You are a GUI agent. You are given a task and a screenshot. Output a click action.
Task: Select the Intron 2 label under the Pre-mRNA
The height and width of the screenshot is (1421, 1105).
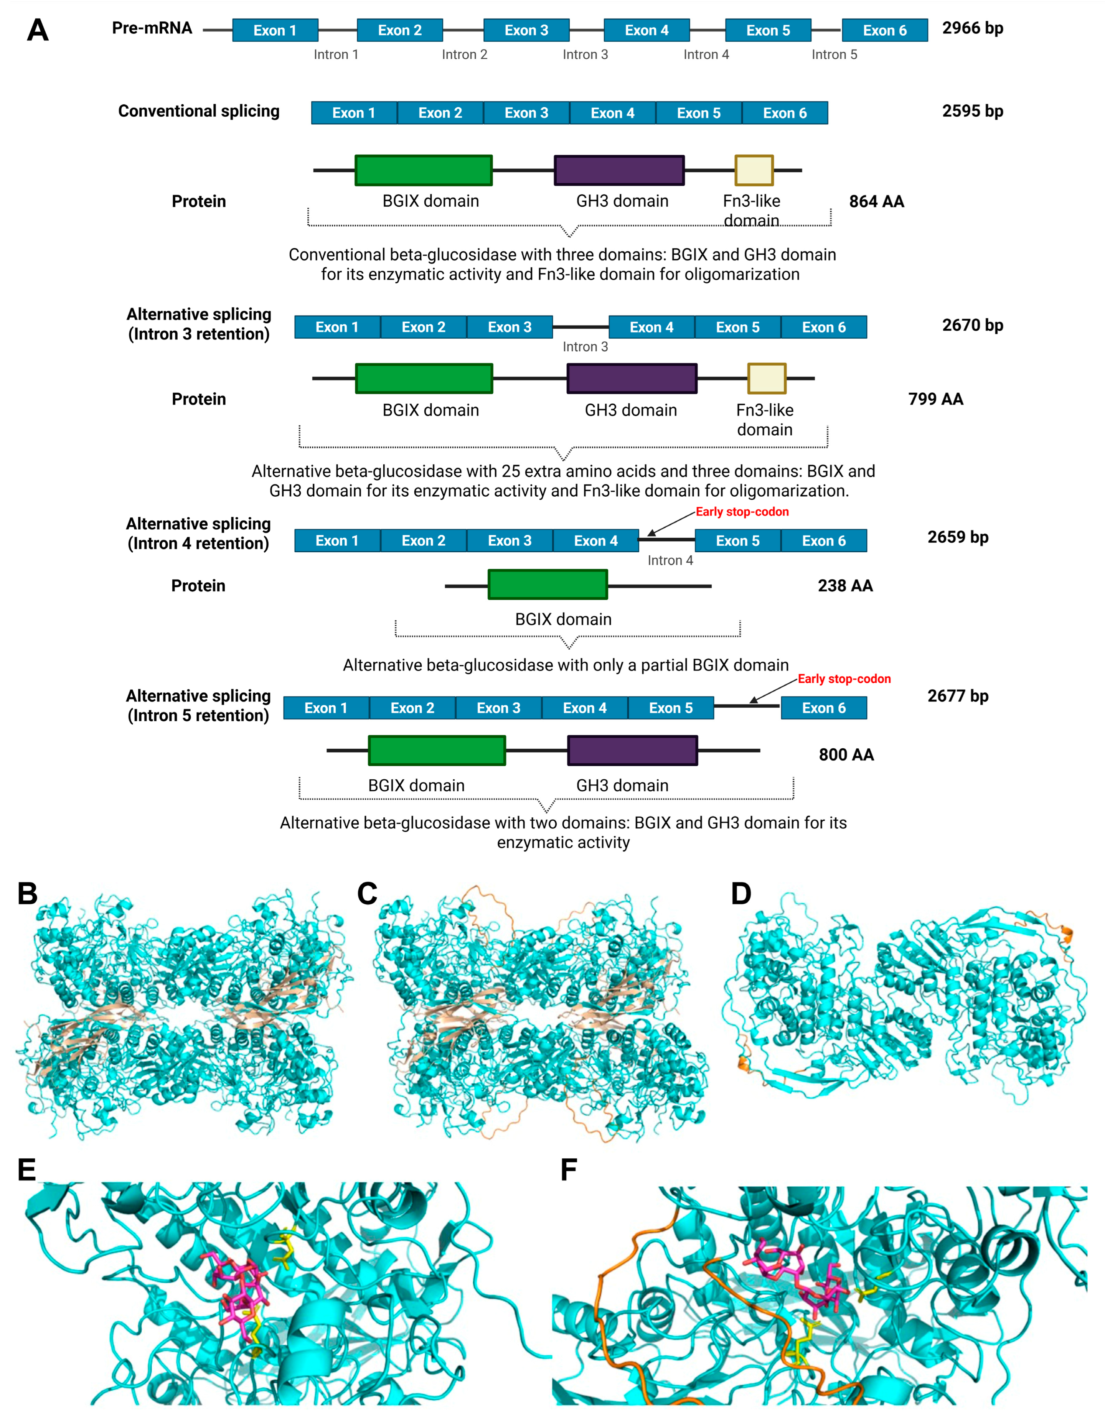(464, 54)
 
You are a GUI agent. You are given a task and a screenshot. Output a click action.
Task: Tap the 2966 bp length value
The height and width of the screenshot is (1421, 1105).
(972, 28)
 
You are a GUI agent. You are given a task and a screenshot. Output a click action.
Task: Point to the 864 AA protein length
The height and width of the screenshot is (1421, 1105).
(876, 202)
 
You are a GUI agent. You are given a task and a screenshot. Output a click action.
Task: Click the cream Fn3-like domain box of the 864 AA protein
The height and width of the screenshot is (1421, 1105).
(754, 170)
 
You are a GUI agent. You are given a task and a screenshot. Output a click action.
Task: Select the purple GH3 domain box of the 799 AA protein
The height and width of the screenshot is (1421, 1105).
(631, 379)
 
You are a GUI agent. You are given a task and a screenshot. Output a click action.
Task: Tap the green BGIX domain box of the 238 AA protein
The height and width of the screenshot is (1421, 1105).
(547, 584)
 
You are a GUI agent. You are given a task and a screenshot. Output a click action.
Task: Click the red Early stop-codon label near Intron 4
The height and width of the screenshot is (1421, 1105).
(742, 512)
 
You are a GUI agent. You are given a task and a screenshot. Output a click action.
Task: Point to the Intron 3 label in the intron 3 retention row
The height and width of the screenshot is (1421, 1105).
(585, 347)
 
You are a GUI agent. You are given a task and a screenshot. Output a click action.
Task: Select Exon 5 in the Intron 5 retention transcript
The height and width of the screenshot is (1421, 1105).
(670, 708)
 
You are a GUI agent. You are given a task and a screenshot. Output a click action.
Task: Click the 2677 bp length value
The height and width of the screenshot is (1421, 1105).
(957, 696)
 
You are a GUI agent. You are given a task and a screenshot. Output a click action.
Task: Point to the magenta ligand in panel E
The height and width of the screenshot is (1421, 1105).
(241, 1288)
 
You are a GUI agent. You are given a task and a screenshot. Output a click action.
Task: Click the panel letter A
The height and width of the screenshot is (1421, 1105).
(38, 30)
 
